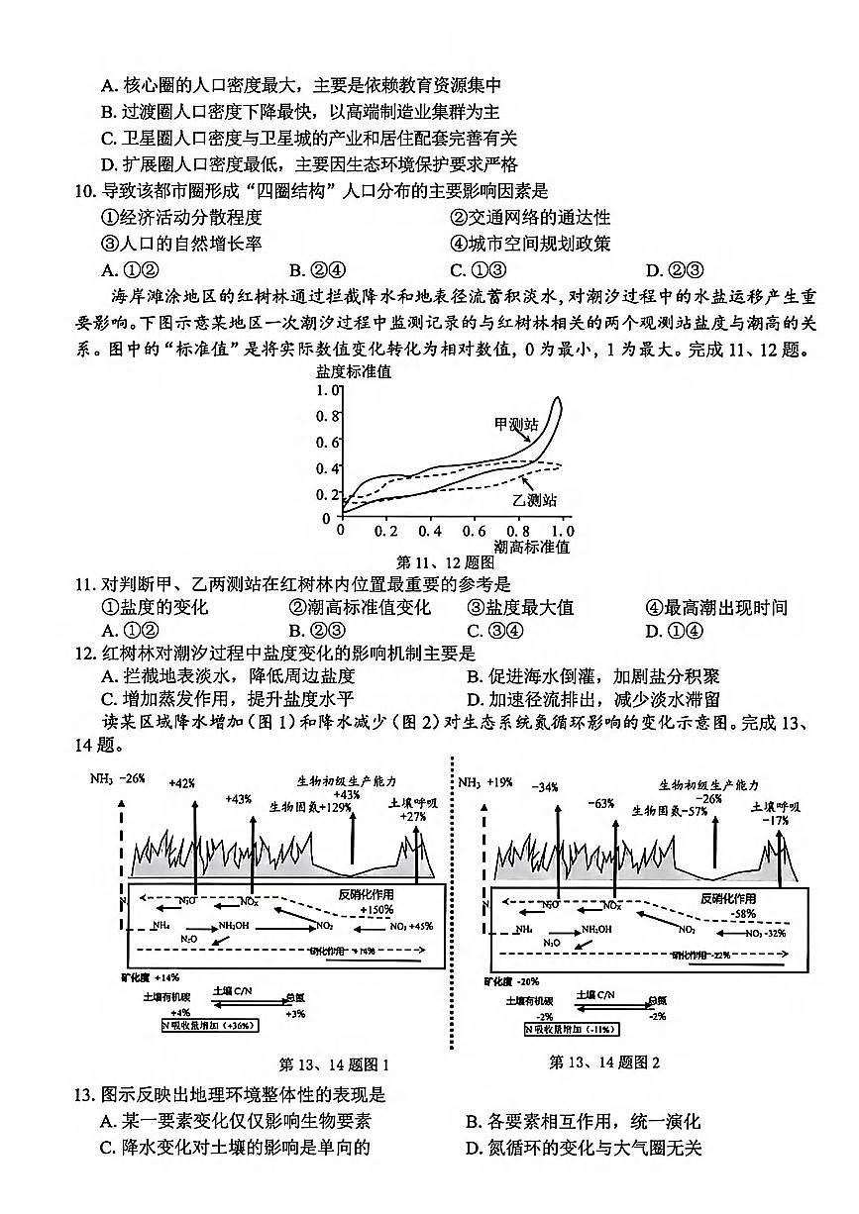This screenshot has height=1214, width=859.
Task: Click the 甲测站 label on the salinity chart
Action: [x=516, y=424]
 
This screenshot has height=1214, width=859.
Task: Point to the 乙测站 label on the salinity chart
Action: [x=534, y=500]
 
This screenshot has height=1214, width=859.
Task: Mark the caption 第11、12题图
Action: [x=445, y=562]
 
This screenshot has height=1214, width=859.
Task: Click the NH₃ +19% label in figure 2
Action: [x=484, y=782]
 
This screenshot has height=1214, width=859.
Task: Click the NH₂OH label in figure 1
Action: [x=235, y=926]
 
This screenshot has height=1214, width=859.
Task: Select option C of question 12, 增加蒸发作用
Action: [x=221, y=702]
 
